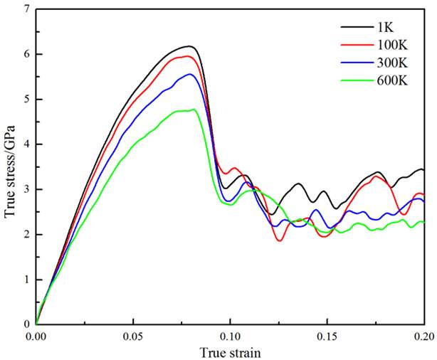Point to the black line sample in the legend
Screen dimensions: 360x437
[x=354, y=27]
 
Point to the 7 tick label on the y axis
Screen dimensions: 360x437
[x=26, y=9]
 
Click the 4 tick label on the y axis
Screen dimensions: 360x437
[x=26, y=144]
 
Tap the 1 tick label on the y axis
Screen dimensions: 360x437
[x=26, y=280]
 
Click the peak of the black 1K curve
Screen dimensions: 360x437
[x=191, y=46]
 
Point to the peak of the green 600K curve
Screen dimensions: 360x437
[x=194, y=110]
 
